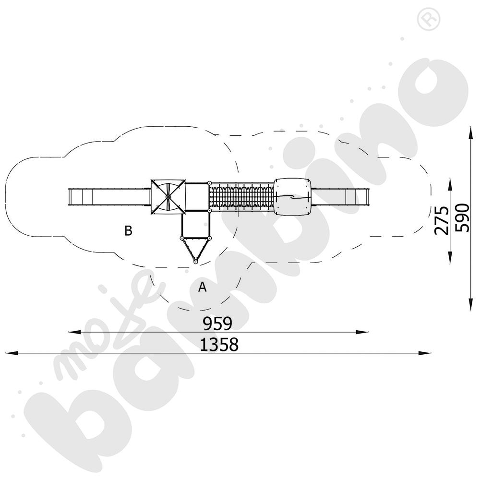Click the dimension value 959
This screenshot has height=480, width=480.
pos(217,324)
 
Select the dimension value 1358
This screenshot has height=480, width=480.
pos(219,344)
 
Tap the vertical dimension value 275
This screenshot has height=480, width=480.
pos(442,220)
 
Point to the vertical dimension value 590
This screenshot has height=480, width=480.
pos(462,217)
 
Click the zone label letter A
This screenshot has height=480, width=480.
pos(203,287)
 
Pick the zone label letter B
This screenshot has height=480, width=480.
pos(128,230)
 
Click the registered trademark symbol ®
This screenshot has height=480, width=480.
pos(429,19)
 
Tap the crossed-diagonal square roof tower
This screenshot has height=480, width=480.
pos(168,197)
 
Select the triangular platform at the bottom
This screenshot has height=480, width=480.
pos(195,249)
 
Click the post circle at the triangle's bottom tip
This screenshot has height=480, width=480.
pos(195,262)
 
